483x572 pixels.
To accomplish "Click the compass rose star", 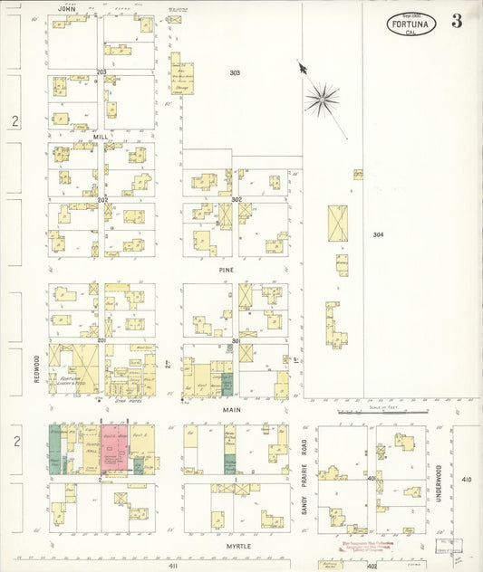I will pos(322,97).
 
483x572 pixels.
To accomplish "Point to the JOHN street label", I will pos(64,9).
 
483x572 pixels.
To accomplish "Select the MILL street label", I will pos(101,137).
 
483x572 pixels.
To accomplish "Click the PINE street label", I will pos(227,269).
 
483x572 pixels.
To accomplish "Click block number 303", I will pos(235,72).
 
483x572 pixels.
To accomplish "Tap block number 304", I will pos(378,234).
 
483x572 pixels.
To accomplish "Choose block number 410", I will pos(466,479).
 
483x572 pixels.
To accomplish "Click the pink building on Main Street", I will pos(114,448).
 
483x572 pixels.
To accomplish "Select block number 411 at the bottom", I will pos(171,565).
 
